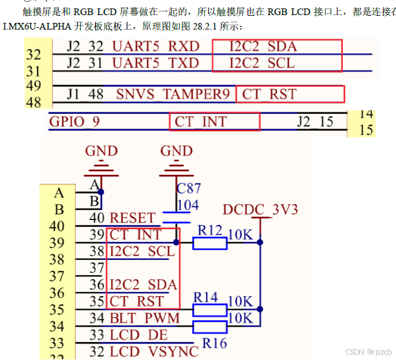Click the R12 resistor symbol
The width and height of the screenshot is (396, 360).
209,243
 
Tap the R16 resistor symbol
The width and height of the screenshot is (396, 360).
209,327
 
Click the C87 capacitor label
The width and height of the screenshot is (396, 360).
189,189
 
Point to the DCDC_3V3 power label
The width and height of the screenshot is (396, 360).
260,210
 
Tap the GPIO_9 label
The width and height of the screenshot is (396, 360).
75,122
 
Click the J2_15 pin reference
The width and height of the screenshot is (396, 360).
315,122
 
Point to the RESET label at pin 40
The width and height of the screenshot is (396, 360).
133,218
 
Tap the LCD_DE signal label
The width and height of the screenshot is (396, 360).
139,335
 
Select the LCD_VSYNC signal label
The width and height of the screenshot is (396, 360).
154,351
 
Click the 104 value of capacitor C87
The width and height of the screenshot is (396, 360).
188,205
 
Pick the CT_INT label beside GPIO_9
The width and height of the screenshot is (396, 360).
200,122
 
